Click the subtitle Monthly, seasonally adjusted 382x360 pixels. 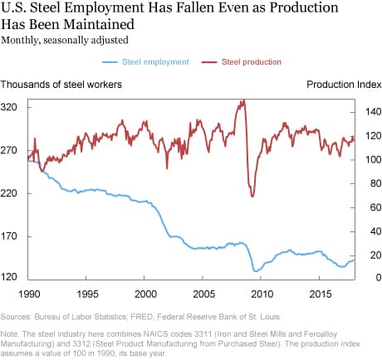coord(60,38)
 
